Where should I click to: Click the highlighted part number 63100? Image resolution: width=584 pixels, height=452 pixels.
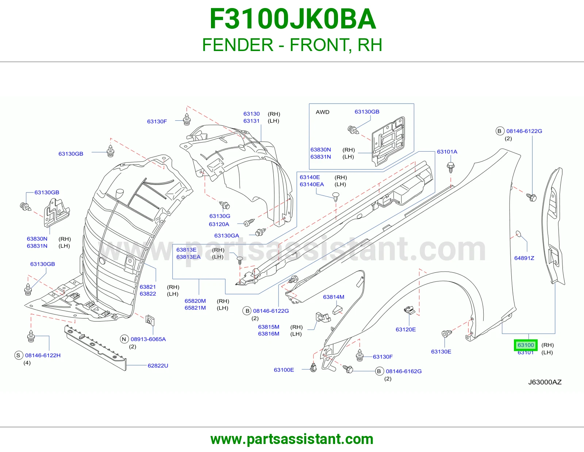(526, 345)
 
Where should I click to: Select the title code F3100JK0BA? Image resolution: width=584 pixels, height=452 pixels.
(292, 19)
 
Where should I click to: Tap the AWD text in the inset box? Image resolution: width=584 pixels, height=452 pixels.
(323, 112)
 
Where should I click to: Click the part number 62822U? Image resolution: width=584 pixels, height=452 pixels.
(158, 366)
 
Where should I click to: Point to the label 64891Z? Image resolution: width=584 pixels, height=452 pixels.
(524, 258)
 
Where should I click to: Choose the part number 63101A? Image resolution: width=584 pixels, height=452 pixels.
(447, 152)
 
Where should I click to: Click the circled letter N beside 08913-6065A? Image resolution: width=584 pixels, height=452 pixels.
(124, 339)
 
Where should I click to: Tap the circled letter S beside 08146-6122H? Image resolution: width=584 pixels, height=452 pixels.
(18, 355)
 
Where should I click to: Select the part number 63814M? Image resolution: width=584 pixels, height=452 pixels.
(334, 297)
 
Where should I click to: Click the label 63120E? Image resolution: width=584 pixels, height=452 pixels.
(406, 329)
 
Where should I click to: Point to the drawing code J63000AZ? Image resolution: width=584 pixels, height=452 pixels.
(545, 382)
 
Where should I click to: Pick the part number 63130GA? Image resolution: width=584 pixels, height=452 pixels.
(227, 235)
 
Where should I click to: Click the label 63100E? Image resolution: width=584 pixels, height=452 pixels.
(284, 370)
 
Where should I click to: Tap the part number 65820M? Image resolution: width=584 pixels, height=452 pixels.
(195, 301)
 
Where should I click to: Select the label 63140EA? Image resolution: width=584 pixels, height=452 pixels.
(312, 184)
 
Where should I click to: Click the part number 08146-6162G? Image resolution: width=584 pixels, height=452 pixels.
(404, 371)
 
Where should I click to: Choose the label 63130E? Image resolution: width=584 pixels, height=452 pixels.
(441, 352)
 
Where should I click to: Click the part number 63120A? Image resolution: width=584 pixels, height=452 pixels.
(219, 224)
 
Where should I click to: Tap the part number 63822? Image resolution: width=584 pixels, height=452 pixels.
(148, 294)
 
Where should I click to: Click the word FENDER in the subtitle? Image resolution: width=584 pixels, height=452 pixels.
(238, 45)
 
